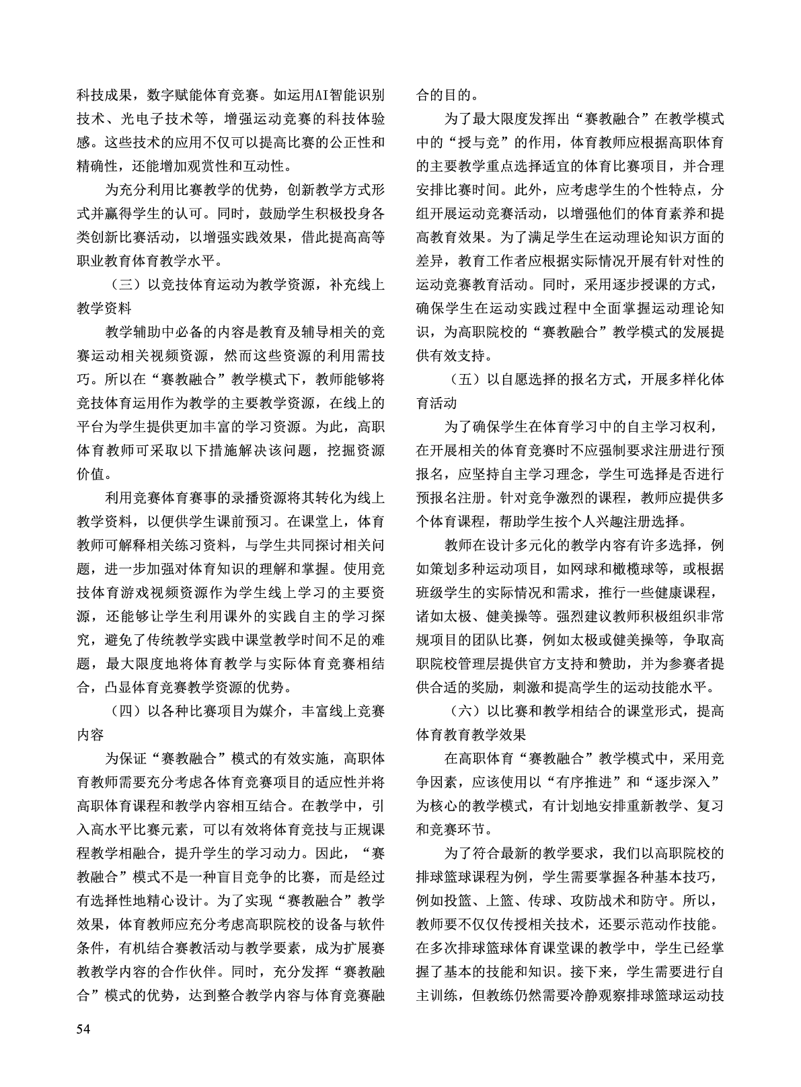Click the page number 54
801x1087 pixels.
(x=83, y=1028)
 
